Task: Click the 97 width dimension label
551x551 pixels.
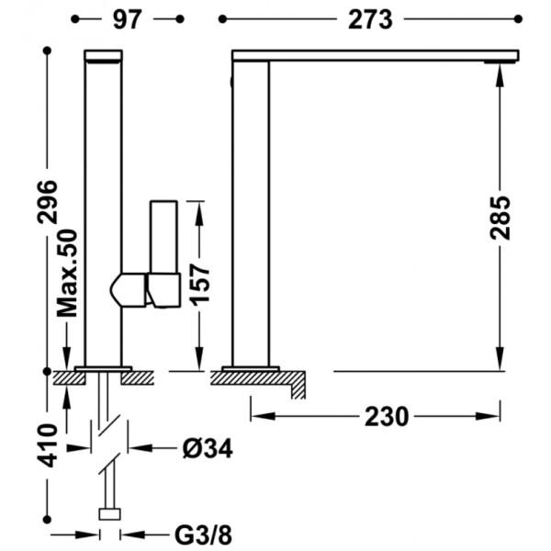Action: coord(128,19)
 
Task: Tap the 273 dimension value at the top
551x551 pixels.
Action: coord(370,19)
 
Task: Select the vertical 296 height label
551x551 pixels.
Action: coord(48,202)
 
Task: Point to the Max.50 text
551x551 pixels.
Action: coord(67,273)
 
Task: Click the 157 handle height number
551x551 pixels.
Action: coord(199,284)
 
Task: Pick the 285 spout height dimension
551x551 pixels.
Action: coord(500,218)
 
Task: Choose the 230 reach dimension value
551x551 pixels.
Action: coord(387,417)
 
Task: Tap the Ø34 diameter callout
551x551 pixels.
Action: coord(208,448)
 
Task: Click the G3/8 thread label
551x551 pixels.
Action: coord(204,535)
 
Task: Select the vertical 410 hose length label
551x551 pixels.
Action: coord(48,445)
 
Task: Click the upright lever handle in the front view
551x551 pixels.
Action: coord(163,237)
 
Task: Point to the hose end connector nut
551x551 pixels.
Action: coord(110,513)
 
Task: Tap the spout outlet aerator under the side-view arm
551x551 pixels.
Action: coord(501,62)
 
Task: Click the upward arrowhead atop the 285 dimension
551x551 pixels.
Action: coord(500,76)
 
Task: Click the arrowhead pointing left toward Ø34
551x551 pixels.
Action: coord(140,448)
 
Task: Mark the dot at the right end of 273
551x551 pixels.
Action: coord(518,19)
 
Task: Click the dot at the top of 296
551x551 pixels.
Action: coord(48,51)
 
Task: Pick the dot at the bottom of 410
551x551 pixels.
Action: coord(47,520)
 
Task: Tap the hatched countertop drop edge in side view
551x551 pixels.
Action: coord(298,385)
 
